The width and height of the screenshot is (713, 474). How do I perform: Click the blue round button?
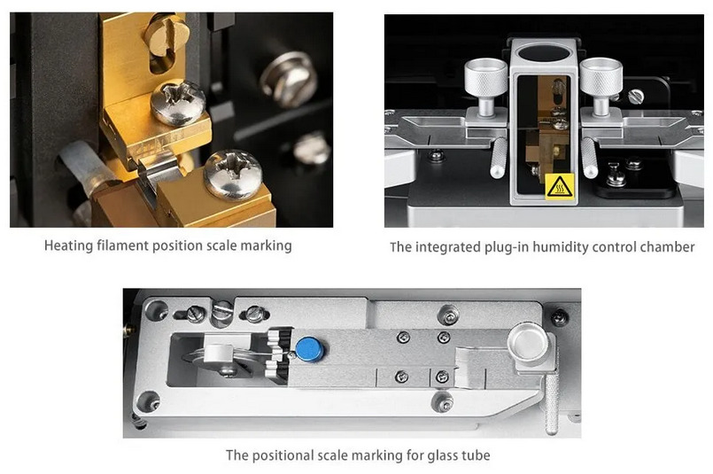(x=309, y=349)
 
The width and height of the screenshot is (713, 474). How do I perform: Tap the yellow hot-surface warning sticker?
(x=559, y=187)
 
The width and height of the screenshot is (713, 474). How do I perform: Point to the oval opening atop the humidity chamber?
(x=544, y=53)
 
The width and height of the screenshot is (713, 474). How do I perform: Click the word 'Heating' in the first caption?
(x=68, y=245)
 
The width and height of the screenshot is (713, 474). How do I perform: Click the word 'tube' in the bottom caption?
(x=475, y=455)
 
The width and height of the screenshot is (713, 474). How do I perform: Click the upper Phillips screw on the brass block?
(x=177, y=103)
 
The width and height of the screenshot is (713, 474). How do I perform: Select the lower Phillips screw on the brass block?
(x=233, y=175)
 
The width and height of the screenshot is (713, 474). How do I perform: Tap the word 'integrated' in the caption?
(x=448, y=247)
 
